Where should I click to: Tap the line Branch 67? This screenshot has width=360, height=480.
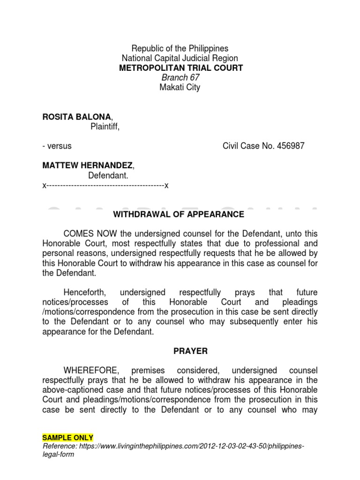coord(180,77)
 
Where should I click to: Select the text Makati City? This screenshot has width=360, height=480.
coord(180,87)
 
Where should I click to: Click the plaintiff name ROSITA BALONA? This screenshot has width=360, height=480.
coord(77,116)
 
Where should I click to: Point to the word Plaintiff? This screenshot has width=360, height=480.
coord(105,126)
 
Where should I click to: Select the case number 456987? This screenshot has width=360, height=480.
coord(287,146)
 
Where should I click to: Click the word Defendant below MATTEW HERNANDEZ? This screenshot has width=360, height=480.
coord(107,175)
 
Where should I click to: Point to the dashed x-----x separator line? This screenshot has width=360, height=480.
coord(105,185)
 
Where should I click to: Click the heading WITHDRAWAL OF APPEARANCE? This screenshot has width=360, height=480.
coord(179,214)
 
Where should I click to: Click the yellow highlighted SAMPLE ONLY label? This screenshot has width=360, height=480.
coord(67,437)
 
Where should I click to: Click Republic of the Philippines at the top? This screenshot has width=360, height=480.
coord(180,48)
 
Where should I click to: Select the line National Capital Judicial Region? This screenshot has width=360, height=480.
coord(180,58)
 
